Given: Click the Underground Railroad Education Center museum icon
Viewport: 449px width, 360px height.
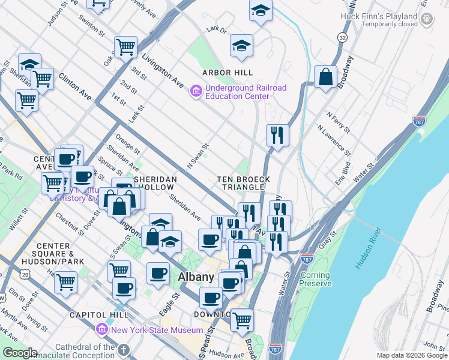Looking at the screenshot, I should [196, 92].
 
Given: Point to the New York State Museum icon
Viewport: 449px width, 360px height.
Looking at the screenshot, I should [101, 330].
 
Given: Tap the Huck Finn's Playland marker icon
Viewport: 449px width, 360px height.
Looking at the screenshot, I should [427, 19].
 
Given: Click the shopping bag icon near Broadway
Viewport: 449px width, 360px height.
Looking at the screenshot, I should [325, 77].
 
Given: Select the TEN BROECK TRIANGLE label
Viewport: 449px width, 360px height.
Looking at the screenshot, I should [243, 183].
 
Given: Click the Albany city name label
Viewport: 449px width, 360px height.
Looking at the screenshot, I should [196, 277].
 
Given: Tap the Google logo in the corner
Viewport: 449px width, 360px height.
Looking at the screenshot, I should [20, 353].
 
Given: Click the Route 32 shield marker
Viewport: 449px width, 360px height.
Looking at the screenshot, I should [342, 37].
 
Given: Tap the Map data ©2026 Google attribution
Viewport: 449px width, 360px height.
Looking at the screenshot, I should [412, 355].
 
